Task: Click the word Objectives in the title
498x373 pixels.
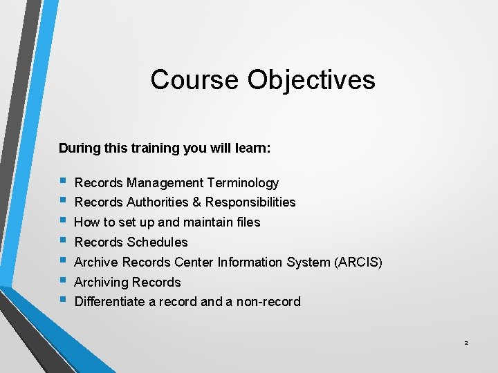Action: coord(311,79)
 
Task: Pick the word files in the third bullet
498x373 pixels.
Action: coord(246,222)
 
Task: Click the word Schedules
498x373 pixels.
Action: coord(158,242)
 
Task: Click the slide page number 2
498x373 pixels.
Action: coord(466,343)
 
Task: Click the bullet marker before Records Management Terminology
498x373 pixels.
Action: coord(63,181)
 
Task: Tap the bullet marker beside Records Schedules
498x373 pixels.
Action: coord(63,240)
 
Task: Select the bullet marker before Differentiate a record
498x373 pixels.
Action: coord(63,300)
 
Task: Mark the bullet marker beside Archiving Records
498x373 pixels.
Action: coord(63,280)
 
